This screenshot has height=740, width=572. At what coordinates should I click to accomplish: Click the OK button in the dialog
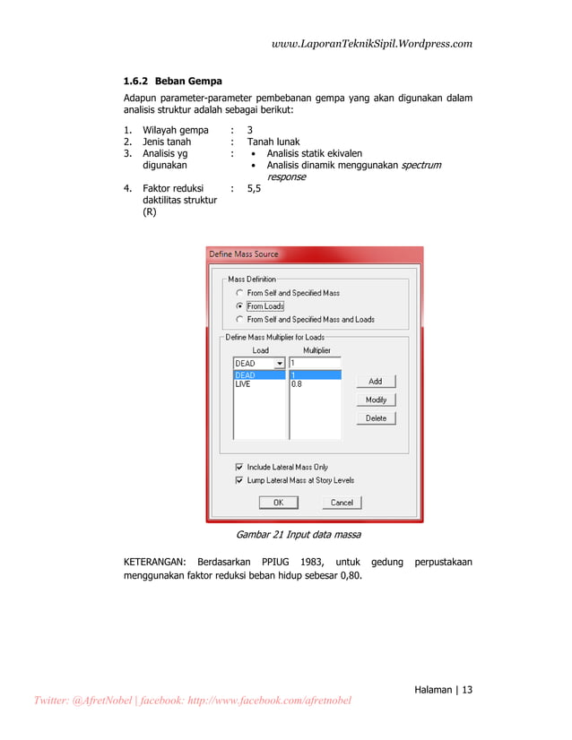click(278, 503)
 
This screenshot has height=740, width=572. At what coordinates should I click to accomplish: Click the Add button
click(376, 382)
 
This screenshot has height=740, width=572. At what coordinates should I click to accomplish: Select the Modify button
click(376, 400)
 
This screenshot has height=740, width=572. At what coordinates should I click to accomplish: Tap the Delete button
click(376, 418)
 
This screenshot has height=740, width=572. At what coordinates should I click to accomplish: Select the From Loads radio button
click(238, 306)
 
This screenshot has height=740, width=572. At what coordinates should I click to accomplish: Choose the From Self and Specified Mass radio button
click(238, 293)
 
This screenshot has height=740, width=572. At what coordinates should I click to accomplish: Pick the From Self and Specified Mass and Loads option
click(238, 319)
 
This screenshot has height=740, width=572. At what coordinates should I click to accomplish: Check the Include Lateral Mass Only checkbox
click(238, 467)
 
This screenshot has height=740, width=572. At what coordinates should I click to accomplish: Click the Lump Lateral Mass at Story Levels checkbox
click(238, 480)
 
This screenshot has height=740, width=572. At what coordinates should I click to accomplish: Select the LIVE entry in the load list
click(244, 383)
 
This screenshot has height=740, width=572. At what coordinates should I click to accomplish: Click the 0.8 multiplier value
click(297, 383)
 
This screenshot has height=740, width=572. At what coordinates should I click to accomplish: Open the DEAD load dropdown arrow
click(279, 364)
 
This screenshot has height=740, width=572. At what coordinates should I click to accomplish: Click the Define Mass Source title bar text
click(244, 254)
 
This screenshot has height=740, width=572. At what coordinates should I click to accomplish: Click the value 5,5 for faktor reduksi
click(255, 189)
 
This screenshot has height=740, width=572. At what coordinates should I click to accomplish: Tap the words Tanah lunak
click(273, 142)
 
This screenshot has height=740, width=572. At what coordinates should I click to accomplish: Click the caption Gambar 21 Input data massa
click(298, 535)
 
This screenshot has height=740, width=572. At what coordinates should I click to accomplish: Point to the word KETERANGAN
click(153, 562)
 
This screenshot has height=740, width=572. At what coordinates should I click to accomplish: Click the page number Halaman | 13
click(443, 689)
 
